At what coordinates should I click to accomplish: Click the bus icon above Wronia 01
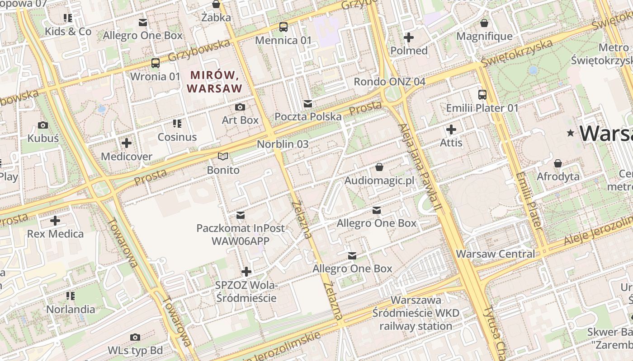156,63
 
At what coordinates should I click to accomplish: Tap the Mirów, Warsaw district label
215,82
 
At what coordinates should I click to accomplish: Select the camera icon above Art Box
240,107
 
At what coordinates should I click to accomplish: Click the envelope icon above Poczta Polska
308,104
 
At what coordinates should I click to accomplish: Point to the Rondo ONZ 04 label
389,82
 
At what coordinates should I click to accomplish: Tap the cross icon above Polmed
409,37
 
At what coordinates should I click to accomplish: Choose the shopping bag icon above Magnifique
484,23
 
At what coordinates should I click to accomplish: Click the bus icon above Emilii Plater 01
482,95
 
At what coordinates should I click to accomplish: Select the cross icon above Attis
451,130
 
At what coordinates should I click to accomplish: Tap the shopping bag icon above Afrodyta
558,163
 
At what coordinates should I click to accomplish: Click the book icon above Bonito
223,157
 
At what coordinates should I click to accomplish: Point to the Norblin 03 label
283,144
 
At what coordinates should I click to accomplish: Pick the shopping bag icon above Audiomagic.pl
379,167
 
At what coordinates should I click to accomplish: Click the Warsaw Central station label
495,254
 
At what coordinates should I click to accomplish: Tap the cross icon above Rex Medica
55,221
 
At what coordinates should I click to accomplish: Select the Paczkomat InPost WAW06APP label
241,234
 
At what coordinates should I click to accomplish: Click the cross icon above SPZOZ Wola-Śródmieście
246,272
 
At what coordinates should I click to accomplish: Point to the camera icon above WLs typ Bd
135,337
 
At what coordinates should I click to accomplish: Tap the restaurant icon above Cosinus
177,124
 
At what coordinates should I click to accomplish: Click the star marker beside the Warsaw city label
571,133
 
